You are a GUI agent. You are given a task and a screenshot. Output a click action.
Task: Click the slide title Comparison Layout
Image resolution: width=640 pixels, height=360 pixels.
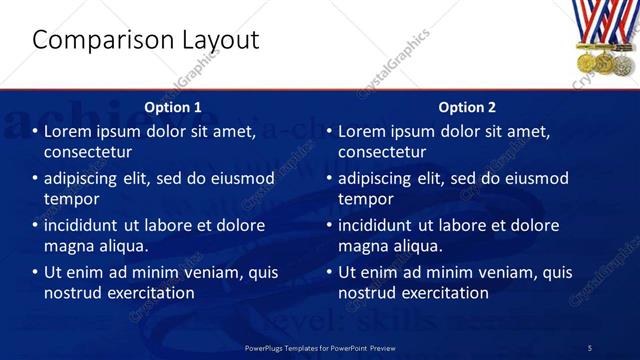pyautogui.click(x=145, y=40)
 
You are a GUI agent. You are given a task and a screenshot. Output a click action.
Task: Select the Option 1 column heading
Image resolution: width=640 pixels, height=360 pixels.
pyautogui.click(x=173, y=107)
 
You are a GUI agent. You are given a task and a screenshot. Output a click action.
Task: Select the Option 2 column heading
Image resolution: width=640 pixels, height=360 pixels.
pyautogui.click(x=467, y=107)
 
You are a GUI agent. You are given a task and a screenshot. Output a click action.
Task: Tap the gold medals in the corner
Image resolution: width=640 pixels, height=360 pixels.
pyautogui.click(x=604, y=61)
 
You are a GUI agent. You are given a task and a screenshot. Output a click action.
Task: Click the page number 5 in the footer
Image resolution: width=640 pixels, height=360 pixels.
pyautogui.click(x=589, y=347)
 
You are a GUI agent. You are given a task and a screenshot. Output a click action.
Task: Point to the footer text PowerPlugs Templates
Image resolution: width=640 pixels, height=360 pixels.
pyautogui.click(x=319, y=347)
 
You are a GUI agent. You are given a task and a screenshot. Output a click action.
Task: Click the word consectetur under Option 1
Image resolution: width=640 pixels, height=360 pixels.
pyautogui.click(x=88, y=152)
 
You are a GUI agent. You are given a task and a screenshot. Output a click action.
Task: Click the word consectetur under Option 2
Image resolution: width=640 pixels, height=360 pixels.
pyautogui.click(x=382, y=152)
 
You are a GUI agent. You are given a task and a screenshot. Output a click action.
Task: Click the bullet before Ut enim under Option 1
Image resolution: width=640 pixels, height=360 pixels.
pyautogui.click(x=36, y=272)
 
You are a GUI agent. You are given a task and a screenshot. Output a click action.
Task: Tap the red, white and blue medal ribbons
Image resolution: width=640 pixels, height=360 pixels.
pyautogui.click(x=603, y=22)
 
